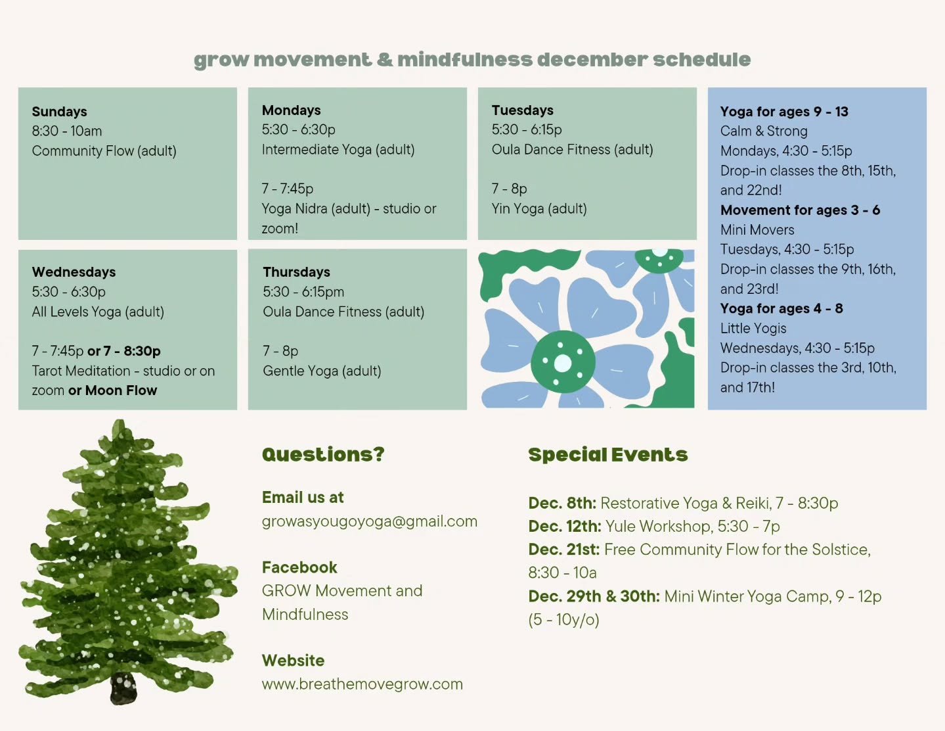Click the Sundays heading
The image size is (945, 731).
[x=59, y=112]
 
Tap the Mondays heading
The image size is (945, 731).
[x=291, y=110]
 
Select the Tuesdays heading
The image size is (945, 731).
[x=522, y=110]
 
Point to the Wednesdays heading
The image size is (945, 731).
[x=74, y=272]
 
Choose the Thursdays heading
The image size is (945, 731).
[x=296, y=272]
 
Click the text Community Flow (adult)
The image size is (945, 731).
[x=104, y=151]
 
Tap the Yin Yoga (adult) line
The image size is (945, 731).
[x=538, y=209]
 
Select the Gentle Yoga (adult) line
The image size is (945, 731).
[x=322, y=371]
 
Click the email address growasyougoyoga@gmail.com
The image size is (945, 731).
[x=369, y=521]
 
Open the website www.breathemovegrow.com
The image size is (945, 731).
[x=362, y=684]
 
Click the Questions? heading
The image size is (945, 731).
[x=323, y=454]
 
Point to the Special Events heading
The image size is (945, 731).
[x=607, y=455]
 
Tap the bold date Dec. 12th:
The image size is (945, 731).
[x=564, y=527]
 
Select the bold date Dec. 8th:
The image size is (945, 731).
[x=561, y=504]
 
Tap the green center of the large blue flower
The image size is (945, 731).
[x=563, y=362]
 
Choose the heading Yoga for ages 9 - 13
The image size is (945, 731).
[x=784, y=112]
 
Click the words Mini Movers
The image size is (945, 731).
[x=757, y=230]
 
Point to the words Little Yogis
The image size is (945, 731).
[x=753, y=329]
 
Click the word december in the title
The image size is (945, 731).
[x=590, y=60]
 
